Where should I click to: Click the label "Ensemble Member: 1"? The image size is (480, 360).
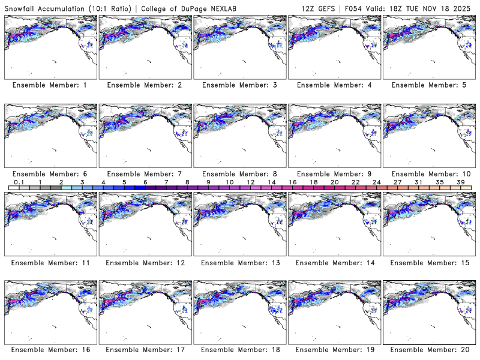click(49, 85)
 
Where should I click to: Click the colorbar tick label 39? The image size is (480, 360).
click(461, 181)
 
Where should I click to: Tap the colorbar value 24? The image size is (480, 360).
click(377, 181)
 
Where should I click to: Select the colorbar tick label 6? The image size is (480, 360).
click(146, 181)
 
